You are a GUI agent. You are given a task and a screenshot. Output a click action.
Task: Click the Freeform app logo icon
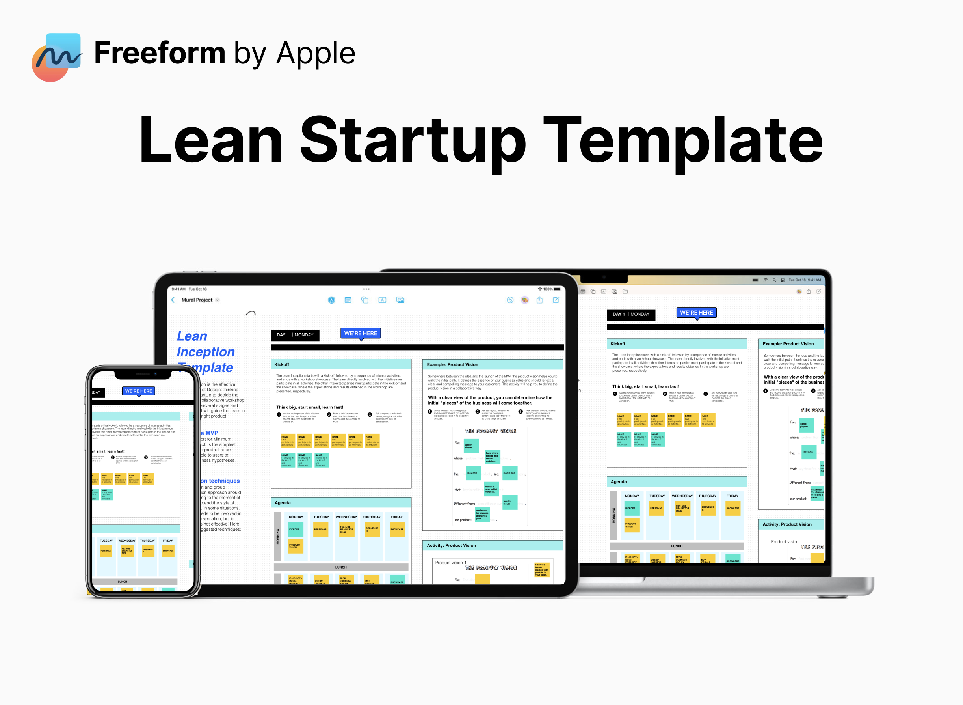(57, 57)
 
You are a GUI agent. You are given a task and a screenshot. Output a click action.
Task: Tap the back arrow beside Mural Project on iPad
(173, 300)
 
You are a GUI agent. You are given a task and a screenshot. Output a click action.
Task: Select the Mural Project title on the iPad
(197, 300)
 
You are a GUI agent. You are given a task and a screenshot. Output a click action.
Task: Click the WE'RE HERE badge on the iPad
(361, 333)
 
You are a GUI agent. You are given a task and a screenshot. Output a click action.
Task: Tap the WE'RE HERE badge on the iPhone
(139, 391)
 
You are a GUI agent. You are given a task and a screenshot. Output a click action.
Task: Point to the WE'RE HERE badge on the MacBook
(696, 313)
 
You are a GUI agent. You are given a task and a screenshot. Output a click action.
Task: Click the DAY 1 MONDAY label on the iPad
(295, 335)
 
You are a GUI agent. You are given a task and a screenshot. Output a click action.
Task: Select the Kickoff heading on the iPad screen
(281, 364)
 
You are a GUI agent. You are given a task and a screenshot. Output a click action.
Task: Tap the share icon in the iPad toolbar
(539, 300)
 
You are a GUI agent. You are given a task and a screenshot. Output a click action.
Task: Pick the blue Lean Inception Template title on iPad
(205, 352)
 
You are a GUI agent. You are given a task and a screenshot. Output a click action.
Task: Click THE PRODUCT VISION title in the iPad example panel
(491, 431)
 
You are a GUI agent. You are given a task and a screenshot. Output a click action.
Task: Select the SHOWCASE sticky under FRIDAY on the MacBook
(733, 508)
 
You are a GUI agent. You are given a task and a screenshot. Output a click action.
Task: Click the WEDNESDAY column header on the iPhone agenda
(126, 541)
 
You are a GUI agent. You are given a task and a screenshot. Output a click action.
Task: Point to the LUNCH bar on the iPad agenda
(341, 567)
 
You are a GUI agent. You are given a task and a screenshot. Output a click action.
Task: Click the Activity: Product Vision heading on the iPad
(451, 545)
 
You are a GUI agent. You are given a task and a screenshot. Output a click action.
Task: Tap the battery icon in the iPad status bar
(557, 289)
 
